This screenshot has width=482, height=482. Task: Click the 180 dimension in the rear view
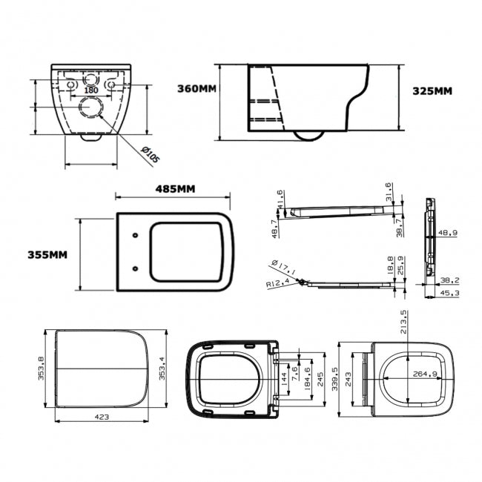pyautogui.click(x=90, y=90)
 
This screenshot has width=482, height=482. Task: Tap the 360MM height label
pyautogui.click(x=197, y=89)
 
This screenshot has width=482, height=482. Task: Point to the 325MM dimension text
pyautogui.click(x=432, y=91)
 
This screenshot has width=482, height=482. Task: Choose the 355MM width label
pyautogui.click(x=47, y=254)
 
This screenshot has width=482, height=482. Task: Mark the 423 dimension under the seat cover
pyautogui.click(x=102, y=417)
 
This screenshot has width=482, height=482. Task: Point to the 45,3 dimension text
pyautogui.click(x=448, y=294)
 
